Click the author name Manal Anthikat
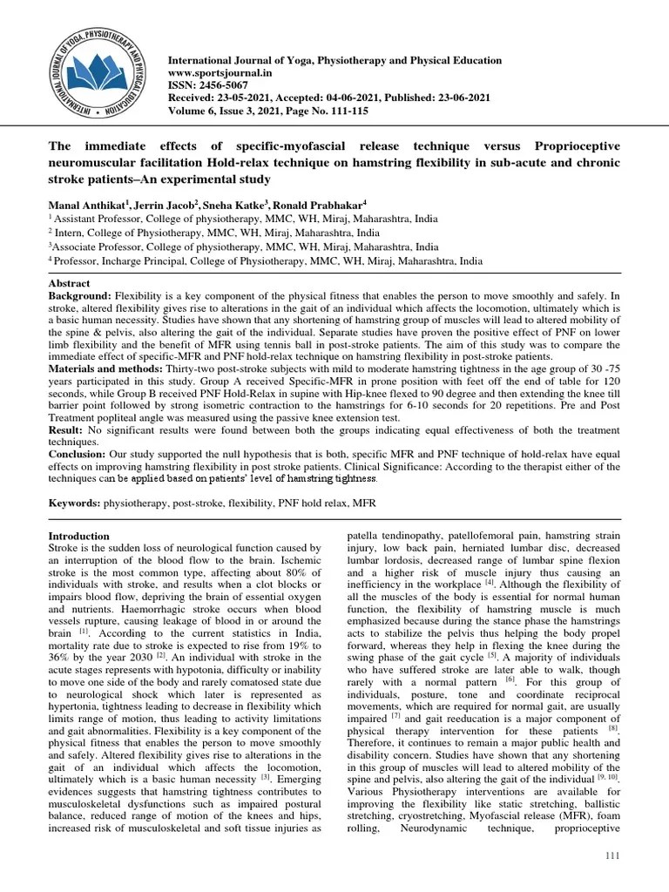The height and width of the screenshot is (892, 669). [84, 202]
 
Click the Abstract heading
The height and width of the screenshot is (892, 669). [68, 283]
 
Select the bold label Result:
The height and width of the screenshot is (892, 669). [66, 429]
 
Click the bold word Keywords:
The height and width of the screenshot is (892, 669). [74, 503]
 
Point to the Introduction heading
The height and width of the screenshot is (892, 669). [78, 536]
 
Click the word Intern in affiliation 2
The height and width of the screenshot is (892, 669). [71, 233]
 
